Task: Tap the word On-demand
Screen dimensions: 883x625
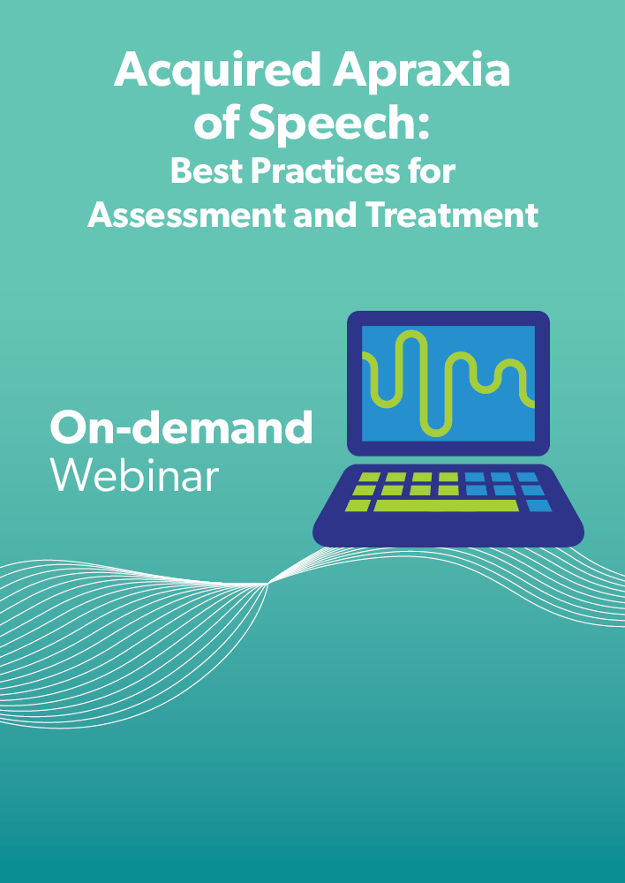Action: pyautogui.click(x=181, y=428)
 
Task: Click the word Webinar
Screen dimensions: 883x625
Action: pyautogui.click(x=133, y=476)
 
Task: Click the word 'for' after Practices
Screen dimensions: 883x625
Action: pyautogui.click(x=433, y=170)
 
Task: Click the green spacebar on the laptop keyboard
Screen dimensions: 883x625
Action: pyautogui.click(x=446, y=506)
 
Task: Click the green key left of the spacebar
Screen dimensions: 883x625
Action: pyautogui.click(x=358, y=506)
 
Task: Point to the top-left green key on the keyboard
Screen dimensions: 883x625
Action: pyautogui.click(x=369, y=478)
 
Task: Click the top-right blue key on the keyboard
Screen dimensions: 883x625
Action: pyautogui.click(x=528, y=478)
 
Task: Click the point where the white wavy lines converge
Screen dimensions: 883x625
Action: pyautogui.click(x=268, y=583)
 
